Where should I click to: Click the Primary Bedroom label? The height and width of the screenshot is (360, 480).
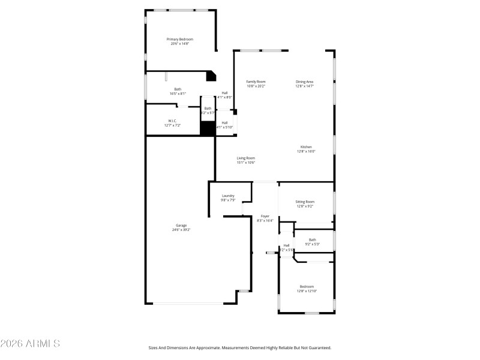(180, 39)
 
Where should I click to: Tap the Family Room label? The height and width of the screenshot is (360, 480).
(256, 82)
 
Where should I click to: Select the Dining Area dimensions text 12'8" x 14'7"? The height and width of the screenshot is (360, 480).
(304, 86)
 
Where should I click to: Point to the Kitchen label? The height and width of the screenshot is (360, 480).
(306, 147)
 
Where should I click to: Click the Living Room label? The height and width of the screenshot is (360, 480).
(246, 158)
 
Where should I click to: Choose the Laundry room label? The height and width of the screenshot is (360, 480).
(228, 196)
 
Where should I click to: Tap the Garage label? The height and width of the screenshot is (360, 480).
(181, 225)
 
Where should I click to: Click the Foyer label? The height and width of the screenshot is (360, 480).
(265, 216)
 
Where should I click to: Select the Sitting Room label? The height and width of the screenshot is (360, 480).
(305, 202)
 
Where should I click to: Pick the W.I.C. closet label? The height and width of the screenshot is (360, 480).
(172, 121)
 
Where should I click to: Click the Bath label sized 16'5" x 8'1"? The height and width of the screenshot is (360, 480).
(178, 89)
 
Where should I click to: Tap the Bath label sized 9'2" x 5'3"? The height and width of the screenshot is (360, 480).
(312, 239)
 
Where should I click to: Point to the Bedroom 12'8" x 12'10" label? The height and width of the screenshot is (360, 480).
(307, 287)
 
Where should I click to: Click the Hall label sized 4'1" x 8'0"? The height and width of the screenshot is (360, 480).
(224, 93)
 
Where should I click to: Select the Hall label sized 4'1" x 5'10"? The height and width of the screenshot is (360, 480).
(224, 122)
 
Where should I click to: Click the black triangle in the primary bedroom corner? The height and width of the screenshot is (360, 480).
(211, 76)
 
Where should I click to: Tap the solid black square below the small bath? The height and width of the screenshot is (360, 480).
(208, 128)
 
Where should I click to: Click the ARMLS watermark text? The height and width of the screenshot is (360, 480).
(30, 344)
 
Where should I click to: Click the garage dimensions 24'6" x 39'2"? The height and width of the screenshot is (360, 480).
(181, 230)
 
